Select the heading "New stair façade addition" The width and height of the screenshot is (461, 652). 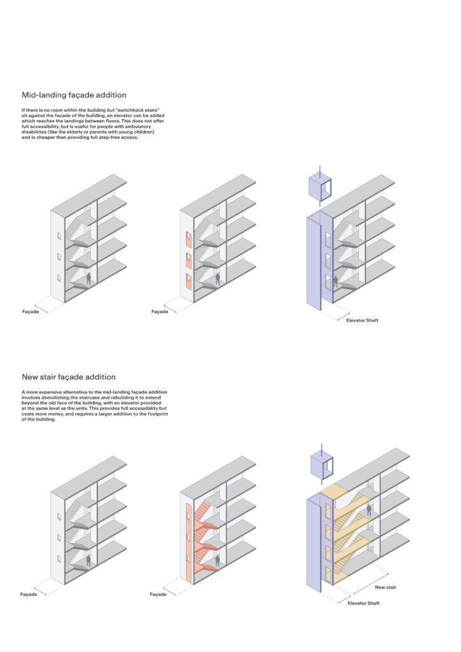point(69,377)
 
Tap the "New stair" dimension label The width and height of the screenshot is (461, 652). point(385,587)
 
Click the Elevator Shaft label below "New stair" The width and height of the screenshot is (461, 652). point(364,603)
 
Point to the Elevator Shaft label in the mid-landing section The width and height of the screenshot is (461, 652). point(362,320)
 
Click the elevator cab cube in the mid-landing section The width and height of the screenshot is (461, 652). point(319,187)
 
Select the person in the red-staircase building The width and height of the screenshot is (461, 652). point(218,560)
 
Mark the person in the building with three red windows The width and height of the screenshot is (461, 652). point(218,278)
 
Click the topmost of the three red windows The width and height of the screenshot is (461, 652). point(189,239)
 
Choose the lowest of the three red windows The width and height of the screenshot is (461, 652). point(189,280)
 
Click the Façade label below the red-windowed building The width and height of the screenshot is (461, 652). point(160,312)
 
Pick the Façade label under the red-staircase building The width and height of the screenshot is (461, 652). point(159,594)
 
